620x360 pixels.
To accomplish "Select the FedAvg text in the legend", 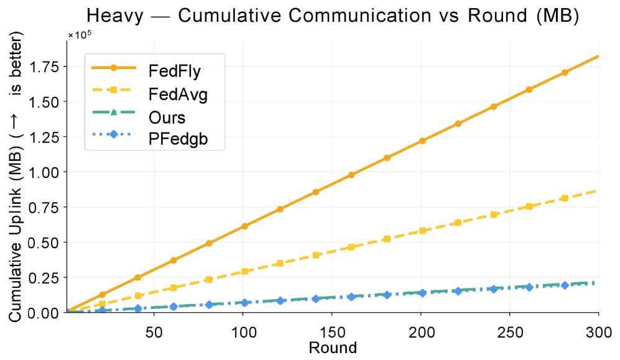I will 178,94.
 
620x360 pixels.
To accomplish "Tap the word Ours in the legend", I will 167,117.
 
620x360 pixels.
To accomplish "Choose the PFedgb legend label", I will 178,140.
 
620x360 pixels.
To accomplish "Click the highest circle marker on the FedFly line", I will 565,73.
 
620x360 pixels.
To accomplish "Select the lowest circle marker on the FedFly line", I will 103,294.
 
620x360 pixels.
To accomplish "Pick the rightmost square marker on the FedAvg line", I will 565,198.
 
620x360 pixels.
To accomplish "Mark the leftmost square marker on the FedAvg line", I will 103,303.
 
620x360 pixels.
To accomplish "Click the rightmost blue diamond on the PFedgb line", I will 565,285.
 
